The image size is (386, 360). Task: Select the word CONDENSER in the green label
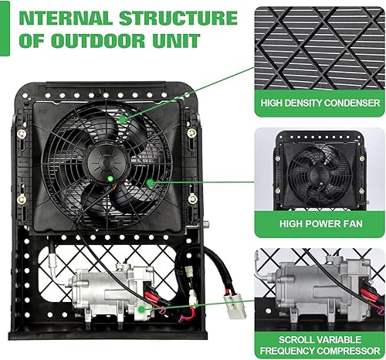[x=348, y=102]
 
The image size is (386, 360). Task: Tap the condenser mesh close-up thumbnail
[x=319, y=46]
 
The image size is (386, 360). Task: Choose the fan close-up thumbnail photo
[x=319, y=174]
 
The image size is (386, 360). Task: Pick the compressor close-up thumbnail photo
[x=319, y=290]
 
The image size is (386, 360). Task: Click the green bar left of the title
[x=4, y=28]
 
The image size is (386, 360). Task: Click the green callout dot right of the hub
[x=151, y=183]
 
